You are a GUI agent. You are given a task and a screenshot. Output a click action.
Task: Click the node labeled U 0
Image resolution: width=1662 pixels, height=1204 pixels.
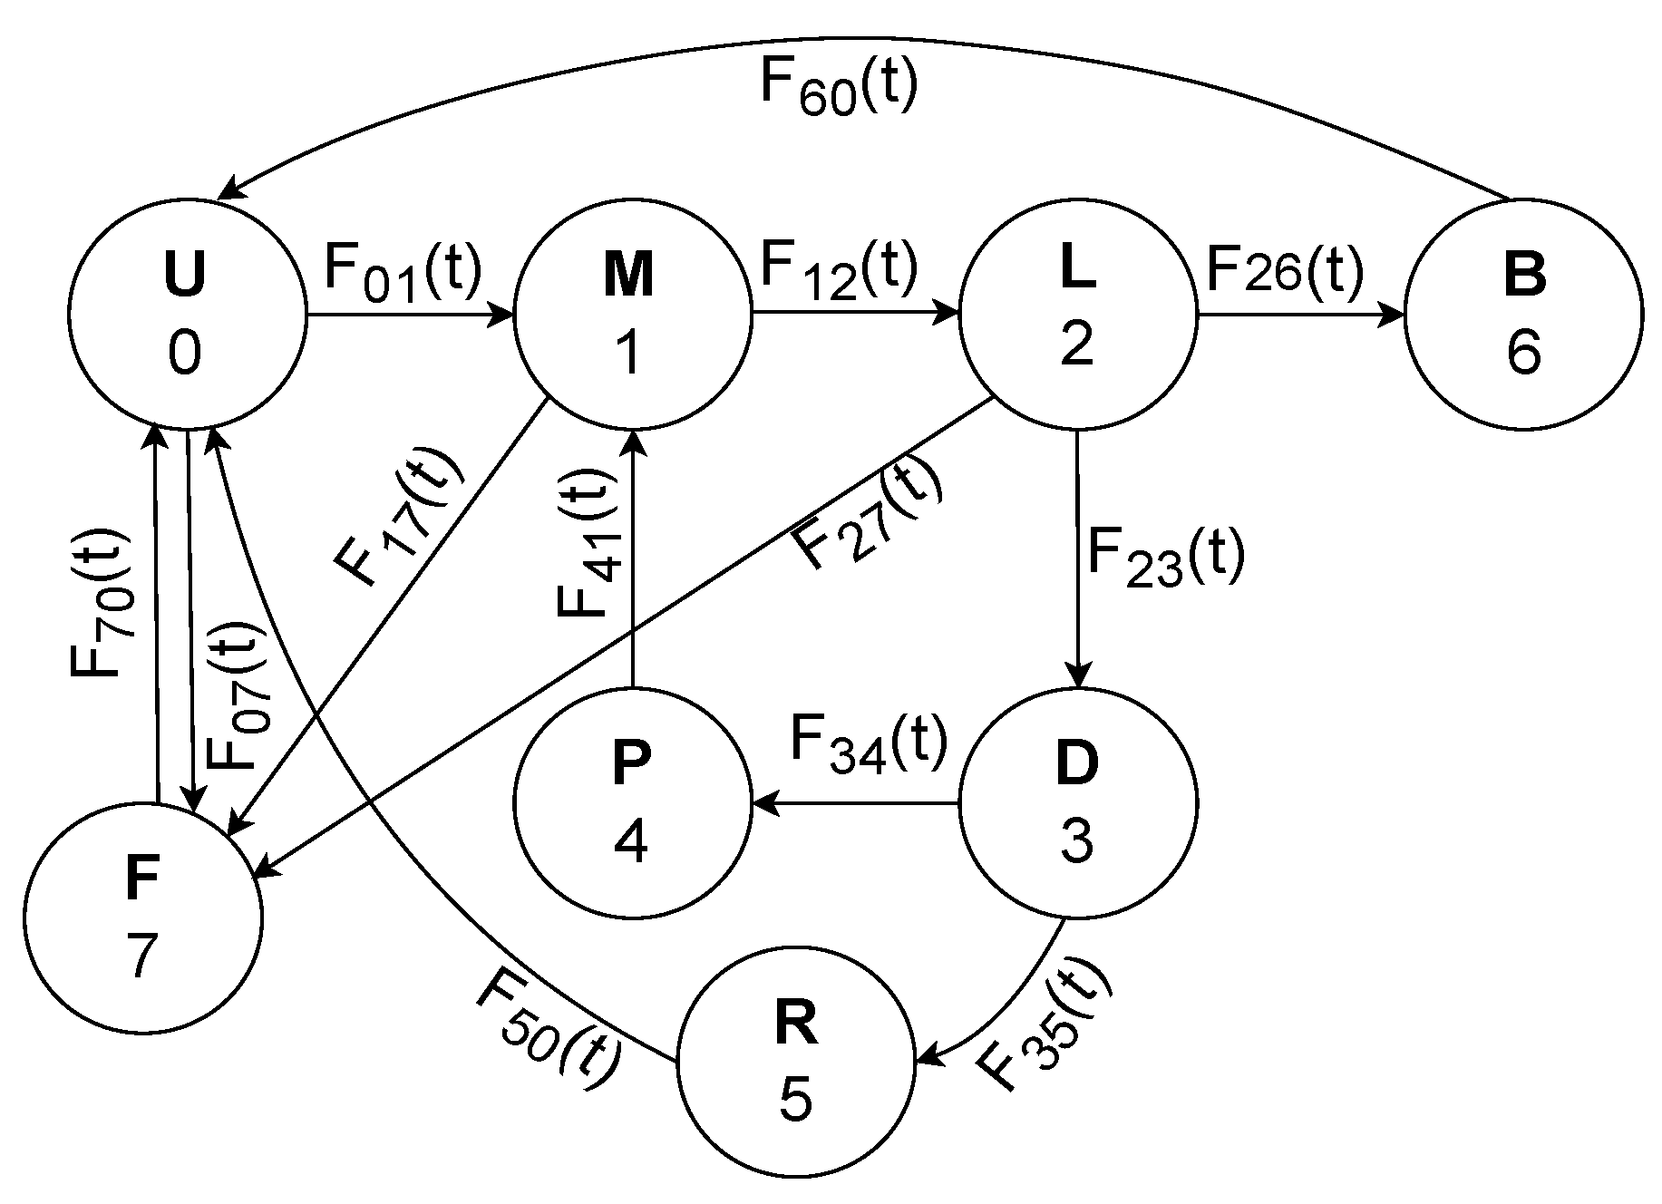(188, 316)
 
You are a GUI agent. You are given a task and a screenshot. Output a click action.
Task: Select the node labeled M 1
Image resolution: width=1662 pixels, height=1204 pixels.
(633, 316)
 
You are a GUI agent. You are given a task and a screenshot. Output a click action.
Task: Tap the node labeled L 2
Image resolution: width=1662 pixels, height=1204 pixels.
(1078, 316)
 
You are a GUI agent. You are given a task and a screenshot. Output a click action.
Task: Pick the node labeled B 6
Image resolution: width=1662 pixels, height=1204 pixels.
(1523, 316)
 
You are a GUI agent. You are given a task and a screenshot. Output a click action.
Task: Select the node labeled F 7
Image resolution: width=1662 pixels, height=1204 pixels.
(143, 918)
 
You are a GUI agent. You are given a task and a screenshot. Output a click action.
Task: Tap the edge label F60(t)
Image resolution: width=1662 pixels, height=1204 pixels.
(838, 87)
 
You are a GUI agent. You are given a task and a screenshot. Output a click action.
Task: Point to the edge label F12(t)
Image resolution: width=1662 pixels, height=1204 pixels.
(839, 270)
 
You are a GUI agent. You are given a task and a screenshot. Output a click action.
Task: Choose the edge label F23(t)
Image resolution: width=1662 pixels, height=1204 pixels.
(1165, 556)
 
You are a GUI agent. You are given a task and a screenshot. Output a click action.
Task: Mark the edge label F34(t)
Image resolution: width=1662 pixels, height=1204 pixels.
(869, 742)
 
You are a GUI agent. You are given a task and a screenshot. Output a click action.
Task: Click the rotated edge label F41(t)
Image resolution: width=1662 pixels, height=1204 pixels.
(580, 542)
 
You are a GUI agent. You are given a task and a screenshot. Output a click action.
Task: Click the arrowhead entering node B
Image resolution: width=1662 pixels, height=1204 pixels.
(1393, 316)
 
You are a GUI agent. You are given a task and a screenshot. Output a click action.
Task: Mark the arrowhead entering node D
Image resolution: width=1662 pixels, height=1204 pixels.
(1078, 673)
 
